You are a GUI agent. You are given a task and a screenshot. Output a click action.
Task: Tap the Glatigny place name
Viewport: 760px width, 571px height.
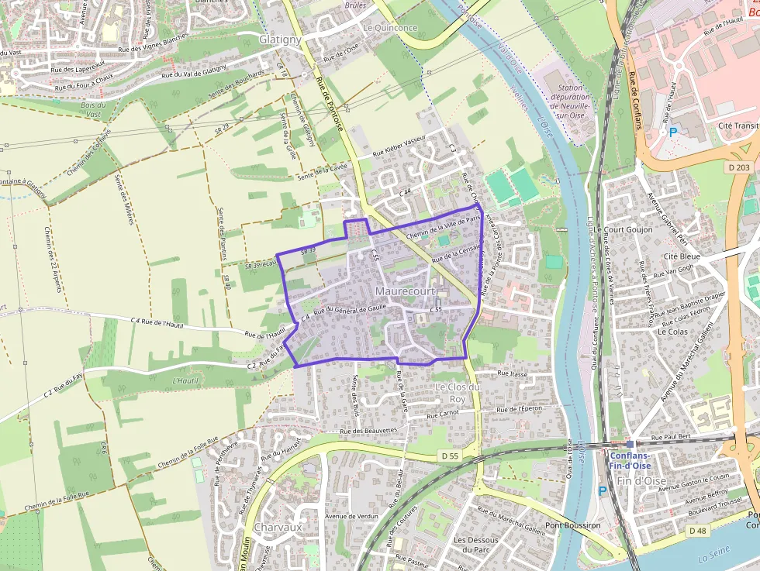tap(280, 39)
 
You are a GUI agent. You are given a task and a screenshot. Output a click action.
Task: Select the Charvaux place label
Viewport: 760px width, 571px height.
tap(277, 527)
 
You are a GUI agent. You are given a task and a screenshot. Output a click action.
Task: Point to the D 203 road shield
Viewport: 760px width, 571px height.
tap(739, 167)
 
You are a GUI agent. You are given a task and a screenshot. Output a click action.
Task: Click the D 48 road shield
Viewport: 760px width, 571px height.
tap(697, 531)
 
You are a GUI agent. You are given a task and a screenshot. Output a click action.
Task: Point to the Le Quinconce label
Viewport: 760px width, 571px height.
tap(389, 28)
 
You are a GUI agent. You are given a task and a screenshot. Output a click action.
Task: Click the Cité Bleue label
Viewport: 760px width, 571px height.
tap(682, 256)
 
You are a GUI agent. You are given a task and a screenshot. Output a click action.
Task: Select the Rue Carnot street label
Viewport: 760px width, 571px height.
tap(444, 414)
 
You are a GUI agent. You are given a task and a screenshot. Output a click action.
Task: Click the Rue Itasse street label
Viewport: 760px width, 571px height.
tap(513, 374)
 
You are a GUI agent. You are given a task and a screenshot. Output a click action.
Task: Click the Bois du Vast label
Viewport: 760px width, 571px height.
tap(92, 109)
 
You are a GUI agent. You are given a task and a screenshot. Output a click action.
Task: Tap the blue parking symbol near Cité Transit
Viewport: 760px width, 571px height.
tap(673, 132)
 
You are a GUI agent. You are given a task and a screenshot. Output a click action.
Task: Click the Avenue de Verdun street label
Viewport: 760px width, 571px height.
tap(351, 516)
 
